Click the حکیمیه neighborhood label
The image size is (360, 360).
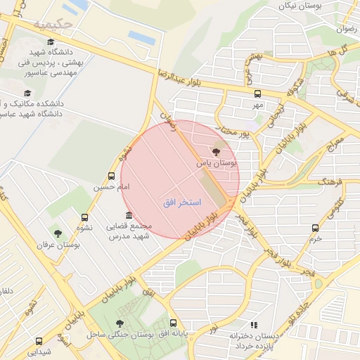coord(53,25)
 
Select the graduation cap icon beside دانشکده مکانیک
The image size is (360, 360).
coord(27,93)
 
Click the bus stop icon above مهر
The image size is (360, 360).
coord(257,93)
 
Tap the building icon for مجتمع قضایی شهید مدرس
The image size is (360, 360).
coord(128,214)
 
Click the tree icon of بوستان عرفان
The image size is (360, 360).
coord(58,233)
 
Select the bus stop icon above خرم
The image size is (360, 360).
coord(314,228)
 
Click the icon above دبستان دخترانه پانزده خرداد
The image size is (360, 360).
coord(254,325)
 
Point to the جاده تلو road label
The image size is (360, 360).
coord(300,314)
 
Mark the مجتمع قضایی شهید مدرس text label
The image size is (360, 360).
coord(129,231)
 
